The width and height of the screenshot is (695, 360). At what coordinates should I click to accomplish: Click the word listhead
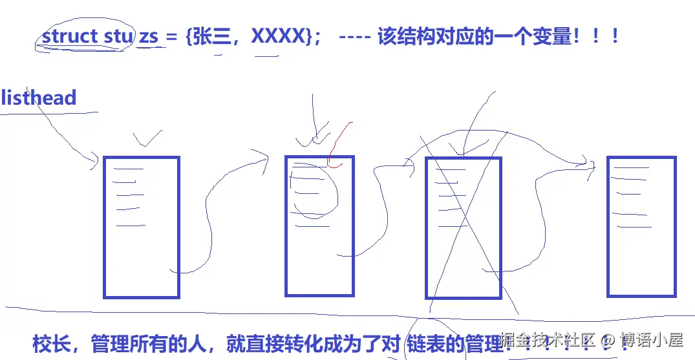39,98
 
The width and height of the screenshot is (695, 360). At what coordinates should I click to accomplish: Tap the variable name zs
148,37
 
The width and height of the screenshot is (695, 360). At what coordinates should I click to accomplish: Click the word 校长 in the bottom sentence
50,343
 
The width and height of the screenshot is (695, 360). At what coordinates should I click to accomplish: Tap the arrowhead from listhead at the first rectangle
94,162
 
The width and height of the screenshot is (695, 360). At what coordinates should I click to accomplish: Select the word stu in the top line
116,36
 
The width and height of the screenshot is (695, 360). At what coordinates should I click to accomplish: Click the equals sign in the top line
171,37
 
